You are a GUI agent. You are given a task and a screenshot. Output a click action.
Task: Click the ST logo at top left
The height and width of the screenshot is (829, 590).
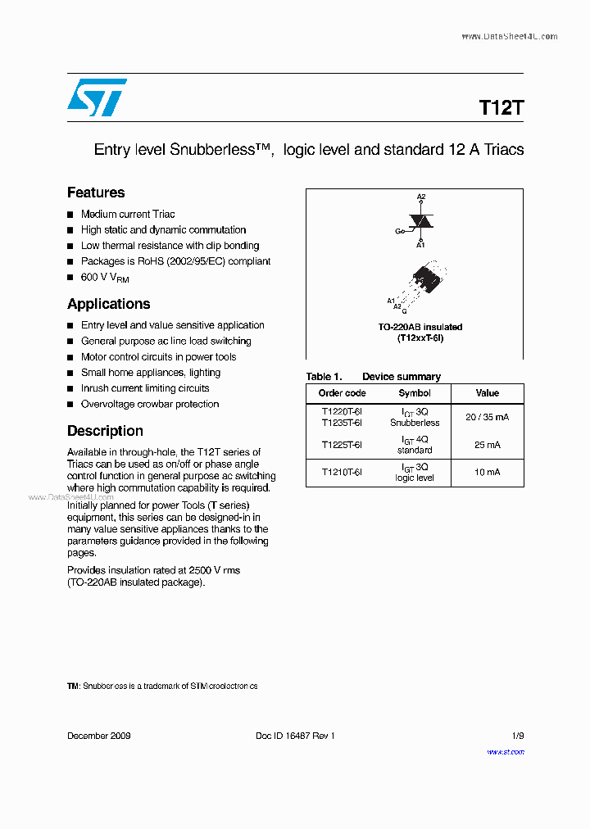tap(97, 97)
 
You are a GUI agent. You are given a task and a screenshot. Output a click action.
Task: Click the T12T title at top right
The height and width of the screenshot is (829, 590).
tap(501, 108)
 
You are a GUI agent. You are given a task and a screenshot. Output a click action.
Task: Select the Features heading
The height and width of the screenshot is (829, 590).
tap(96, 193)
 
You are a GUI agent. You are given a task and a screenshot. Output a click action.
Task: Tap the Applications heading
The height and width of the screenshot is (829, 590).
tap(108, 304)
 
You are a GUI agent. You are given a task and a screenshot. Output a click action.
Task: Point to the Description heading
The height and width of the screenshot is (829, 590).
tap(105, 431)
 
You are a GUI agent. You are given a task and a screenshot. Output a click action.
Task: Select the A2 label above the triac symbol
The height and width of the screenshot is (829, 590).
tap(421, 197)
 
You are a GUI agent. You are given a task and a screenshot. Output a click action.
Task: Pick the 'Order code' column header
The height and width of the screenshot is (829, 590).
tap(342, 393)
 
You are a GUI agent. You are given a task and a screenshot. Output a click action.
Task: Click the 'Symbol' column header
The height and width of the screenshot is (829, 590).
tap(415, 393)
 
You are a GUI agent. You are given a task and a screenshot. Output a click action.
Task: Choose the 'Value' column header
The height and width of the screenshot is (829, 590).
tap(487, 393)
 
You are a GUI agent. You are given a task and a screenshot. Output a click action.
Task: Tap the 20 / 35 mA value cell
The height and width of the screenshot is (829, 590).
tap(487, 417)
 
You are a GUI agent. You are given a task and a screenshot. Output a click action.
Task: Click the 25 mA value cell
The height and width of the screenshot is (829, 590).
tap(487, 445)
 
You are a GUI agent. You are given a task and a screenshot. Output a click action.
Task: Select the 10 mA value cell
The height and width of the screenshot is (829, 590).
tap(487, 473)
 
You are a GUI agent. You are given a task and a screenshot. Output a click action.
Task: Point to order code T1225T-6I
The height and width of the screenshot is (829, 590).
tap(342, 445)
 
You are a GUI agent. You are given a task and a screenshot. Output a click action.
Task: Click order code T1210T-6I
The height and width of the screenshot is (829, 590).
tap(342, 473)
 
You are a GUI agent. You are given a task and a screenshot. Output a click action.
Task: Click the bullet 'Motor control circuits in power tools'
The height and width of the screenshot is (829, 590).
tap(158, 357)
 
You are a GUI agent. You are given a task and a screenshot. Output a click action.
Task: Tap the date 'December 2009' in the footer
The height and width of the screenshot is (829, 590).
tap(98, 736)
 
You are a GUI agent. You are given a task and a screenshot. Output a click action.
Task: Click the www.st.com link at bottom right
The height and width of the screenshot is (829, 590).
tap(506, 751)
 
